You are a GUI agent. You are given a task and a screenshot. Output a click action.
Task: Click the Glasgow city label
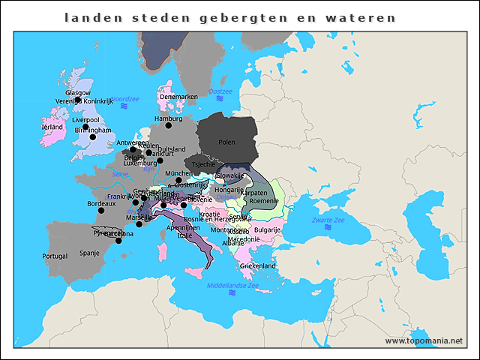coord(77,93)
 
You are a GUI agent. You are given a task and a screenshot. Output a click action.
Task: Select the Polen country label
coord(226,142)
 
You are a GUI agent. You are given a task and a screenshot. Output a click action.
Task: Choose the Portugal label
coord(55,256)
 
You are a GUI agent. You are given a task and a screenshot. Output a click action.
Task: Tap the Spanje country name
coord(89,253)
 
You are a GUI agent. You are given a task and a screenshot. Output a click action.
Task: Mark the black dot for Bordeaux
coord(113,212)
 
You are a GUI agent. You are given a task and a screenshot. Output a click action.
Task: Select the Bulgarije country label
coord(268,229)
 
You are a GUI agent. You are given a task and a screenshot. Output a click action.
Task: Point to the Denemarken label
coord(178,97)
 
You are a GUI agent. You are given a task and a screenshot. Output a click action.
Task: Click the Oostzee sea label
coord(220,91)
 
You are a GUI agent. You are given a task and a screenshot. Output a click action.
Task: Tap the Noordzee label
coord(125,99)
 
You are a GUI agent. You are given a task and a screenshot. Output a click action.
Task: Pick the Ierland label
coord(52,127)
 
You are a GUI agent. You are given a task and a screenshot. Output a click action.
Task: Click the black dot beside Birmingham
coord(93,137)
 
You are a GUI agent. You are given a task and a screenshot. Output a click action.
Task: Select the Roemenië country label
coord(263,201)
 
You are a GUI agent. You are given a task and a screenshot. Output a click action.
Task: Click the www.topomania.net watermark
coord(424,340)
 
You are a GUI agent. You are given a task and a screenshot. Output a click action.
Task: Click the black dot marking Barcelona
coord(118,241)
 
